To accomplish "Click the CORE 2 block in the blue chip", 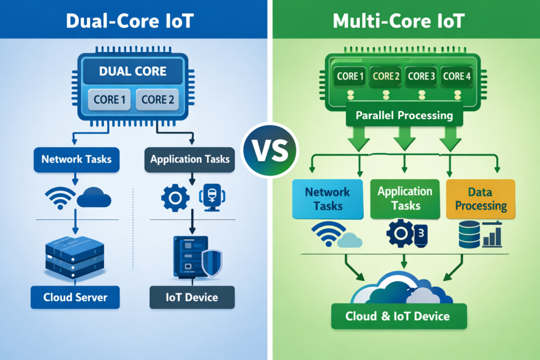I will pyautogui.click(x=157, y=99).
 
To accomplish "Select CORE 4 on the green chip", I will pyautogui.click(x=457, y=76).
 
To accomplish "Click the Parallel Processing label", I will pyautogui.click(x=404, y=115).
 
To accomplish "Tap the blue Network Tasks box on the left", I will pyautogui.click(x=77, y=159).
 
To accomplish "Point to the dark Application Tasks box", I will pyautogui.click(x=190, y=159).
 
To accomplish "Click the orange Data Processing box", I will pyautogui.click(x=480, y=199).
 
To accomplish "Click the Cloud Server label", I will pyautogui.click(x=75, y=297).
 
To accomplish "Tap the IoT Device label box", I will pyautogui.click(x=191, y=297).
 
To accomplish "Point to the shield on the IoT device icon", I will pyautogui.click(x=212, y=262).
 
